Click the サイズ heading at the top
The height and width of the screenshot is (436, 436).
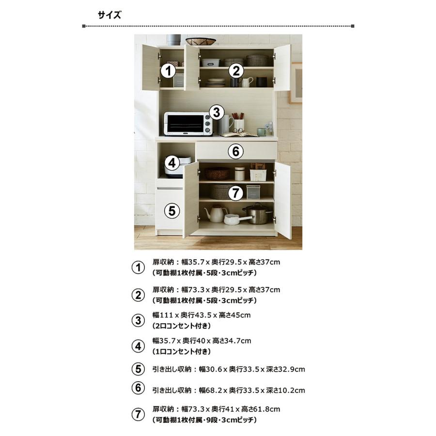click(109, 15)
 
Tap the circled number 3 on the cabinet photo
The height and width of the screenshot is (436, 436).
click(217, 112)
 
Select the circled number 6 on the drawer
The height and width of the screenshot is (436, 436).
click(235, 152)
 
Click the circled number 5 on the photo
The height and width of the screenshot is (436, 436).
click(172, 211)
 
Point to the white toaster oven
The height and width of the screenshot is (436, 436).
click(188, 124)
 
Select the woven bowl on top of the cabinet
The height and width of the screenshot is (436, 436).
click(201, 42)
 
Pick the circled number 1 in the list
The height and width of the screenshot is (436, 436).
click(138, 267)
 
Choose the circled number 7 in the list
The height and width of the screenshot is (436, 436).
click(138, 414)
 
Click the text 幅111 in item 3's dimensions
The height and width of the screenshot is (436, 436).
click(163, 315)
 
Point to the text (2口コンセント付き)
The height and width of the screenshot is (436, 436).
click(182, 326)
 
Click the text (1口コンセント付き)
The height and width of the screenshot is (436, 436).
click(182, 352)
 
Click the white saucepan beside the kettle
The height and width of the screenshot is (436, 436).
click(236, 219)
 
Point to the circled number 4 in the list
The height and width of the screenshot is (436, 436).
click(138, 346)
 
